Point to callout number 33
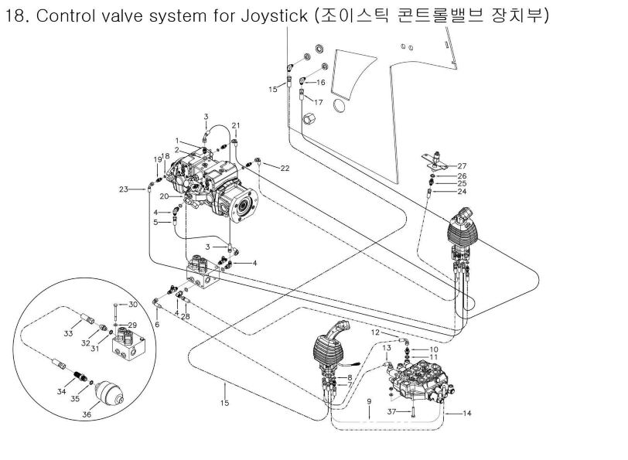click(68, 333)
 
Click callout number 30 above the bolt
click(132, 304)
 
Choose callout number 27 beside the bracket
click(462, 166)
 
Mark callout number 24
click(462, 191)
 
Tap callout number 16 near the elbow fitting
click(321, 81)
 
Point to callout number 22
click(285, 168)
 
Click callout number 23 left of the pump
click(123, 189)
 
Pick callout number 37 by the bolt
click(391, 411)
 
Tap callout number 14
click(467, 414)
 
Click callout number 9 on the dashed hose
click(369, 401)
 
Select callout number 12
click(374, 332)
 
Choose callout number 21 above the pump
click(236, 125)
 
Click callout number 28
click(186, 315)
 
